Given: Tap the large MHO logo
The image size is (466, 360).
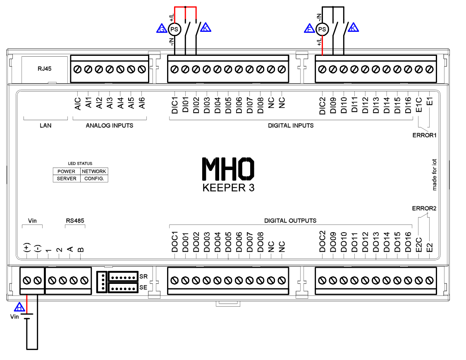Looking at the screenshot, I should coord(228,168).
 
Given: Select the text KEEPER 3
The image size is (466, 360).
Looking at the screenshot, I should coord(228,187).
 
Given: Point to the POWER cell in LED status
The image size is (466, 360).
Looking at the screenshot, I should coord(67,171).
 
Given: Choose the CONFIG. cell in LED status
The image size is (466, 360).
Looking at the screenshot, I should coord(94,179).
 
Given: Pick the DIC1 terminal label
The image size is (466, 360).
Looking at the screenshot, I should coord(174,106).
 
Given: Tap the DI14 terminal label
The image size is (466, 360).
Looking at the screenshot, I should coord(387,106).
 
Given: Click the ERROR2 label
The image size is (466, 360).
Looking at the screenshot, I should coord(424,208).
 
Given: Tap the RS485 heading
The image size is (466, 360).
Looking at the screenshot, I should coord(75,221).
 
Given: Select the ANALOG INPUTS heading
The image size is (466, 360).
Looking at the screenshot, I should coord(110,125).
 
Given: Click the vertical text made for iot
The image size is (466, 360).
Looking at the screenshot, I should coord(435,173).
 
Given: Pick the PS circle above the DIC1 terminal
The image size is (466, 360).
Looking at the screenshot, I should coord(175,29).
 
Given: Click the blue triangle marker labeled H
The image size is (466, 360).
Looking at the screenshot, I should coord(19,307).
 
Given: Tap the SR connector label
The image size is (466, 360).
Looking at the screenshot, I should coord(143,276).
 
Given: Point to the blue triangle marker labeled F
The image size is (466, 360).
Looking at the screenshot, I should coord(309,29).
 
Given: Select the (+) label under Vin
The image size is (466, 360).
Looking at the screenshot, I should coord(26,248).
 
